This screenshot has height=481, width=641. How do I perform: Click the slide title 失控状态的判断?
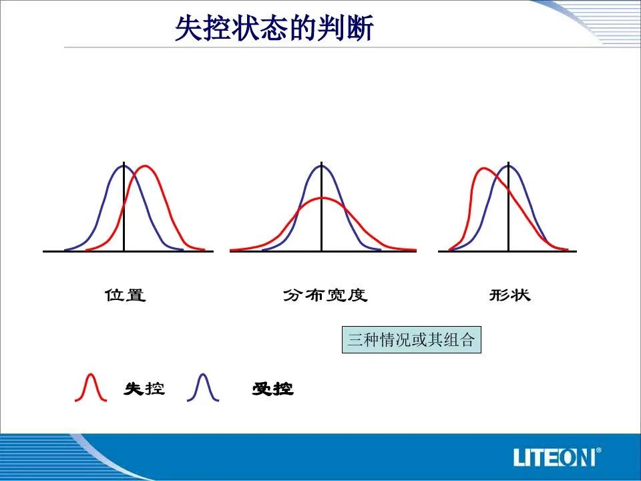click(x=274, y=28)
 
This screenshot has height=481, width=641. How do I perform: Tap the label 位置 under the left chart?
click(x=125, y=295)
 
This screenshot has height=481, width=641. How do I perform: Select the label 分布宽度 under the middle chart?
click(x=325, y=295)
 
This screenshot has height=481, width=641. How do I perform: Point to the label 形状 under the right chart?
click(x=509, y=295)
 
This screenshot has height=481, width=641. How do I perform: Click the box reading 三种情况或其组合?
click(x=411, y=339)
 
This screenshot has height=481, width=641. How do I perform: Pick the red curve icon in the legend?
click(x=91, y=387)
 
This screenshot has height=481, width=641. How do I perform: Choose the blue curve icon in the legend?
click(x=203, y=387)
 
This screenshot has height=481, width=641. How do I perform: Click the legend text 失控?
click(x=144, y=389)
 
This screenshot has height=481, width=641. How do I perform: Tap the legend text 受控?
click(x=272, y=389)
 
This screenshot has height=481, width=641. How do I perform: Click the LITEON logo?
click(x=557, y=457)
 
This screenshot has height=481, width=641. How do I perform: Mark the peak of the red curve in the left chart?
click(x=145, y=166)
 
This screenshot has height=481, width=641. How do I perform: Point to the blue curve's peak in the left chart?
click(x=124, y=166)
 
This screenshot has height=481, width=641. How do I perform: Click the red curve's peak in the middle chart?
click(x=322, y=198)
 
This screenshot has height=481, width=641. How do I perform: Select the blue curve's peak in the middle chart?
click(x=322, y=164)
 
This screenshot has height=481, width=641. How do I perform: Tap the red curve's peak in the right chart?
click(x=483, y=168)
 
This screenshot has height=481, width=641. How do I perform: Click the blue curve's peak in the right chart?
click(x=509, y=165)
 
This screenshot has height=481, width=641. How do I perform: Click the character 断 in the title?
click(x=361, y=28)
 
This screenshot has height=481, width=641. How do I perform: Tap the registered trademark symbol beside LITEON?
click(x=598, y=450)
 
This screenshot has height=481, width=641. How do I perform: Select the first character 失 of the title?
click(x=189, y=28)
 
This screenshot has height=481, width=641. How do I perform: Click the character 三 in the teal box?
click(x=356, y=339)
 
